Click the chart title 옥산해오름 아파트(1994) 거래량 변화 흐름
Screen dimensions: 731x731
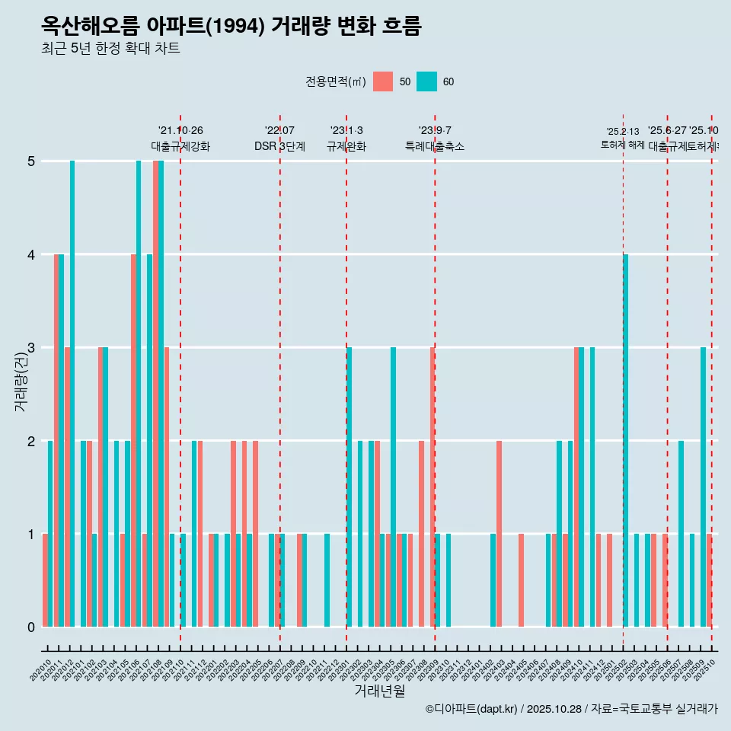[x=231, y=26]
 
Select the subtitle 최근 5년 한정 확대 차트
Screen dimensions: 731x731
[x=110, y=49]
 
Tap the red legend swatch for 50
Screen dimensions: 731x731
[x=383, y=81]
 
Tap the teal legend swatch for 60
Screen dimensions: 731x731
[x=427, y=81]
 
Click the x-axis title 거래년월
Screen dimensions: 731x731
[x=379, y=691]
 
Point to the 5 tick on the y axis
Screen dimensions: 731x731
[x=31, y=161]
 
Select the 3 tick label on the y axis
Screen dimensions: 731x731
[x=31, y=348]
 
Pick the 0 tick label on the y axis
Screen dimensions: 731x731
[x=31, y=627]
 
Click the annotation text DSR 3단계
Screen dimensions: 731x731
[x=279, y=146]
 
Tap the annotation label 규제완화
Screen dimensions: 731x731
[x=346, y=146]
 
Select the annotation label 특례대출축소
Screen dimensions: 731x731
[x=435, y=146]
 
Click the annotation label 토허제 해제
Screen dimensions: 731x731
[x=623, y=145]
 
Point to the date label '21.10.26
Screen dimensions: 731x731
[x=180, y=131]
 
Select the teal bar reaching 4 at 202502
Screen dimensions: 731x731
[x=625, y=442]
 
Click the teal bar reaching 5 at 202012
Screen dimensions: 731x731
[x=72, y=394]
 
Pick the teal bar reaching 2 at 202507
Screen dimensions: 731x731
[x=681, y=535]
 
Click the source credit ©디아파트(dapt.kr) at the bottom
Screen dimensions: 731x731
[x=472, y=709]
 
